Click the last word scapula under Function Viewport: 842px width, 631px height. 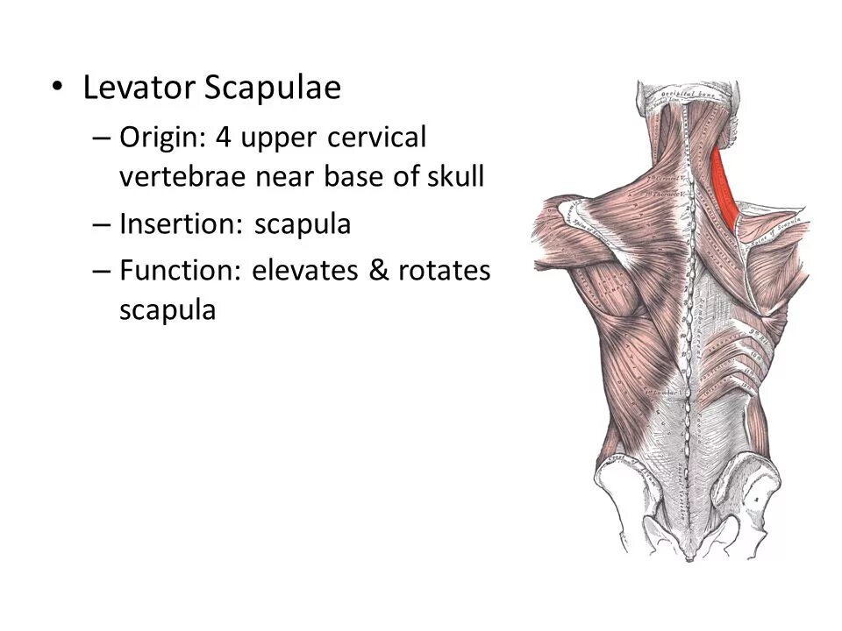(167, 311)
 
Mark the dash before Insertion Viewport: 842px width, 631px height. (102, 225)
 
